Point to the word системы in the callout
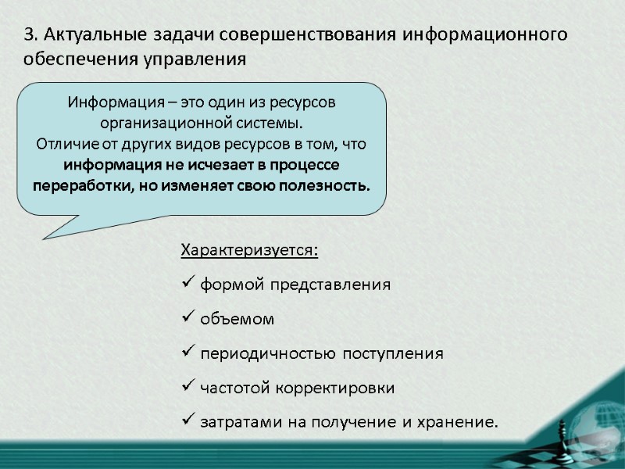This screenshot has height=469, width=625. pos(270,124)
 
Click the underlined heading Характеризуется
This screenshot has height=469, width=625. pos(249,250)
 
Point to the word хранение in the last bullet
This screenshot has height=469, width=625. pos(460,423)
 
